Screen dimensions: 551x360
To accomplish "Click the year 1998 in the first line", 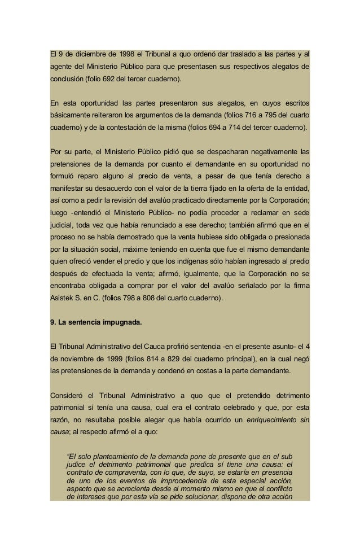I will click(128, 55).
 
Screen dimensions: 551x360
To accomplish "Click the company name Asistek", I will click(64, 298).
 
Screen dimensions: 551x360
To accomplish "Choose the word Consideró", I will click(69, 395).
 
